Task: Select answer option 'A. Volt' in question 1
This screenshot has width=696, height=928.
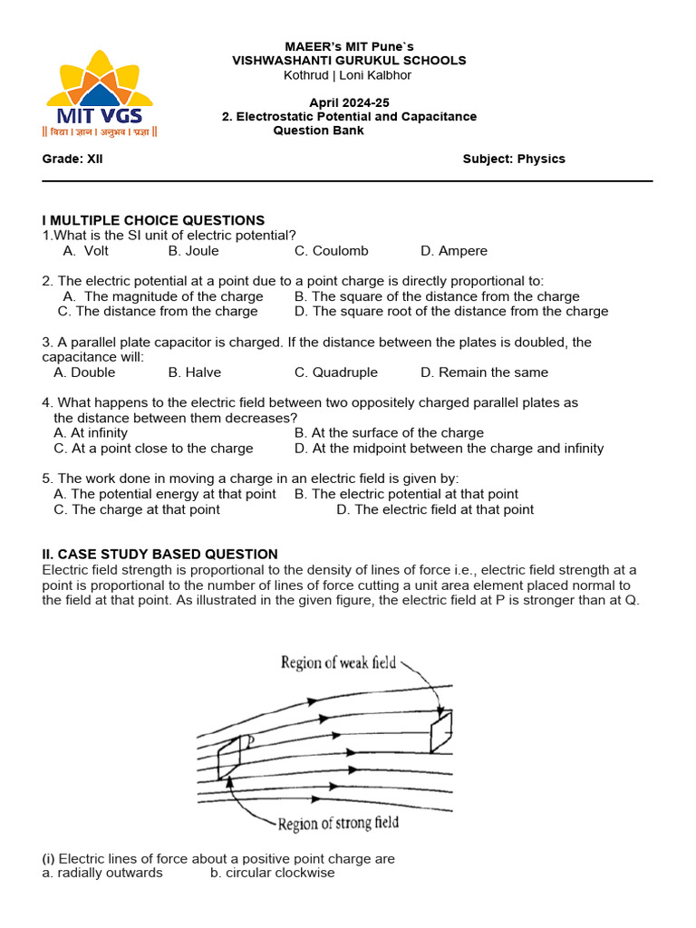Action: (86, 251)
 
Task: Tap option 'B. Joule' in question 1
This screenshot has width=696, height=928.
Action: (193, 251)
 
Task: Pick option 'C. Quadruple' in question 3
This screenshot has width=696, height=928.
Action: (335, 372)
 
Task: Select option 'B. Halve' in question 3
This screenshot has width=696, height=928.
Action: (194, 372)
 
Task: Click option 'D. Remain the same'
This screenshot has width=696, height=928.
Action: (484, 372)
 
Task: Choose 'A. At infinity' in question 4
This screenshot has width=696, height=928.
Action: (91, 433)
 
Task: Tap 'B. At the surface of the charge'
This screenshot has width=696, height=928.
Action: (389, 433)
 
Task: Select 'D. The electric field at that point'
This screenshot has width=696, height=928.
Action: (435, 509)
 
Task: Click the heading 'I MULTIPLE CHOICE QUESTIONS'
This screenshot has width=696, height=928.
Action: (153, 220)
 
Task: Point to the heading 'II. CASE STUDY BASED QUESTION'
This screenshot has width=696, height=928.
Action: (159, 554)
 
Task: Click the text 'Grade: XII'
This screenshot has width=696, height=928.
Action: (72, 159)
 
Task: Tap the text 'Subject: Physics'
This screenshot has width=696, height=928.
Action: (514, 159)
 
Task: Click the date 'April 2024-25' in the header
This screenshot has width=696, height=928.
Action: (349, 103)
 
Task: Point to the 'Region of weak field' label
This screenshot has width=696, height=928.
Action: (338, 662)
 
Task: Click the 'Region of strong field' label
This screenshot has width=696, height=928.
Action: (337, 824)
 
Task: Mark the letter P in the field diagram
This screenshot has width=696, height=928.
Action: (249, 741)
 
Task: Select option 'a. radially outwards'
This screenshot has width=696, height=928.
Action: (102, 873)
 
